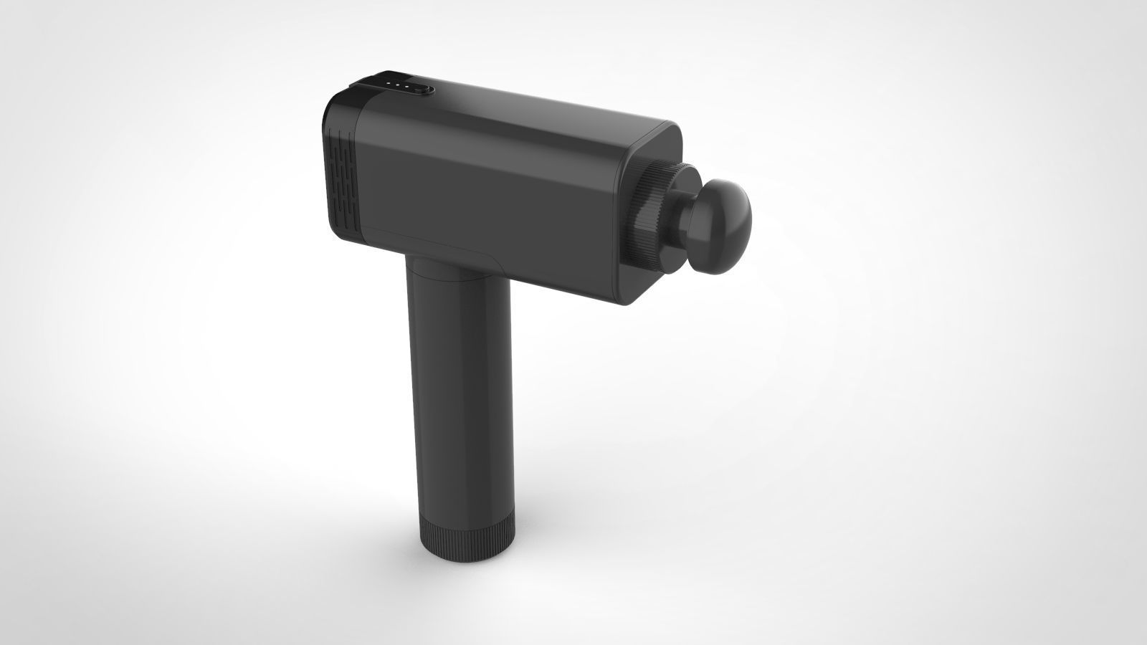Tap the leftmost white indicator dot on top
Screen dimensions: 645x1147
point(389,83)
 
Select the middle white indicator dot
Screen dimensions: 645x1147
point(397,85)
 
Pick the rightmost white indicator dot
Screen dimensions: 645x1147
point(406,86)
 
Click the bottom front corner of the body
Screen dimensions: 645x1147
point(624,301)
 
